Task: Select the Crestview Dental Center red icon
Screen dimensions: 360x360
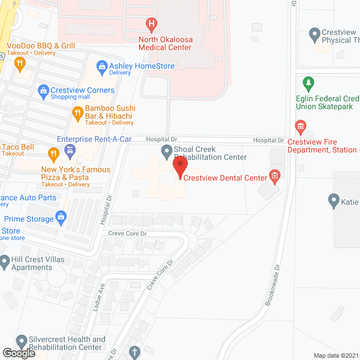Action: point(274,178)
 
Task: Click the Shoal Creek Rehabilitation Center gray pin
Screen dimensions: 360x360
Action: point(166,150)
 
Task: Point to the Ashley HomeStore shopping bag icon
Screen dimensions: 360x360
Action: point(102,66)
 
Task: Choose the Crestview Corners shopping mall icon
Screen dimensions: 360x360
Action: point(43,90)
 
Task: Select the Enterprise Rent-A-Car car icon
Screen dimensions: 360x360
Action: point(70,150)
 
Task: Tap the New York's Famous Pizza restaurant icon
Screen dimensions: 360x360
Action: point(53,152)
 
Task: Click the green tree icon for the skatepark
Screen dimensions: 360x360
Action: point(308,84)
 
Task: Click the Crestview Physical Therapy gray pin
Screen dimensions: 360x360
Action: point(315,35)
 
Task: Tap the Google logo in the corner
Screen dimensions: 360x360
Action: point(19,353)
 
